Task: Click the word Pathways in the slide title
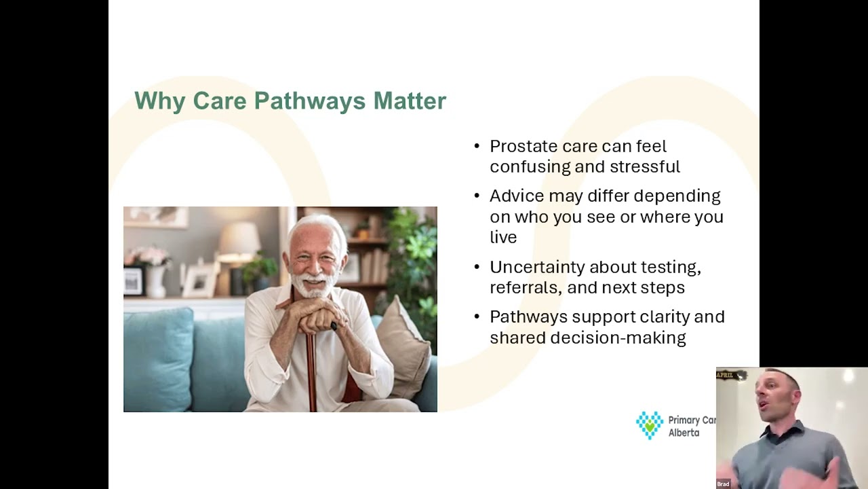pyautogui.click(x=310, y=101)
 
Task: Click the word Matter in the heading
pyautogui.click(x=410, y=101)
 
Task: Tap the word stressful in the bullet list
pyautogui.click(x=645, y=166)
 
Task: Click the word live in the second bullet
pyautogui.click(x=503, y=237)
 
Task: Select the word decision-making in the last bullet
pyautogui.click(x=618, y=338)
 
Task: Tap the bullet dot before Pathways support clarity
pyautogui.click(x=477, y=316)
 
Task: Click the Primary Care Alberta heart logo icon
pyautogui.click(x=650, y=425)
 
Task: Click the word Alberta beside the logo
pyautogui.click(x=684, y=433)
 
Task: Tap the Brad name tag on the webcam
pyautogui.click(x=723, y=484)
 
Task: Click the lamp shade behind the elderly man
pyautogui.click(x=239, y=237)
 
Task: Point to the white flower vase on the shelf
pyautogui.click(x=155, y=282)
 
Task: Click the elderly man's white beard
pyautogui.click(x=313, y=285)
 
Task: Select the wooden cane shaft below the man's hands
pyautogui.click(x=311, y=373)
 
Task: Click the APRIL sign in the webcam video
pyautogui.click(x=728, y=376)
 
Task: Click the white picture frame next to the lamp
pyautogui.click(x=199, y=280)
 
